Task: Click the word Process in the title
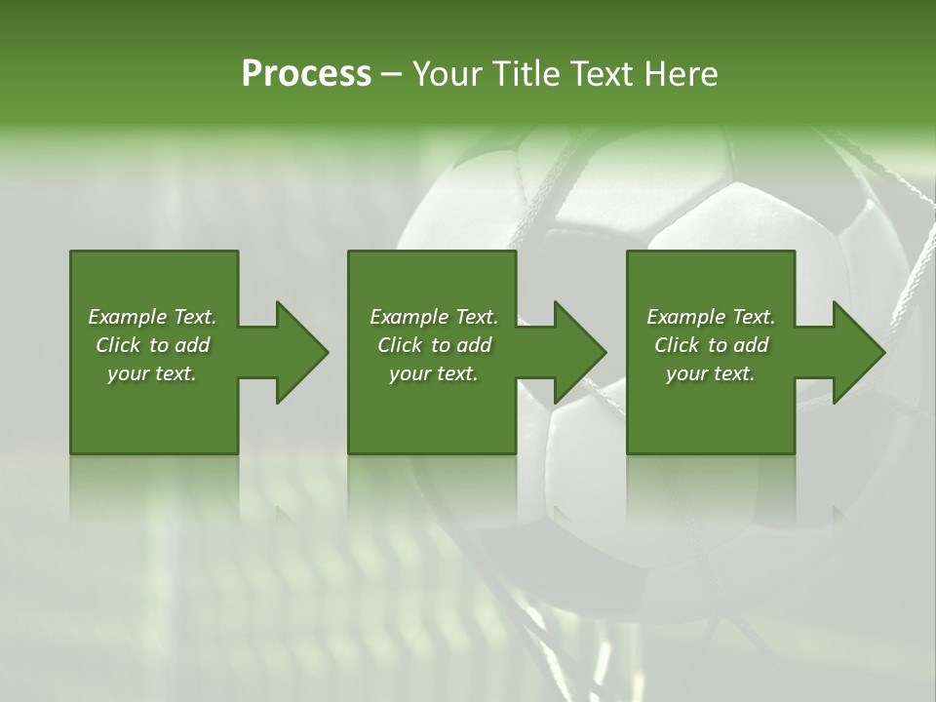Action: pos(306,73)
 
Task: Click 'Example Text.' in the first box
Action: pos(152,317)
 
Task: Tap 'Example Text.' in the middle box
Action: pos(434,317)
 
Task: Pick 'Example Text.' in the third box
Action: pos(711,317)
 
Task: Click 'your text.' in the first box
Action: pos(152,373)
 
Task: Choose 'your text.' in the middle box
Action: pos(434,373)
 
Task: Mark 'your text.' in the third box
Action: pos(711,373)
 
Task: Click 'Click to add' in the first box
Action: pos(152,345)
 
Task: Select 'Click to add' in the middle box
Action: pos(434,345)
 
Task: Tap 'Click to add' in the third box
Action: pos(711,345)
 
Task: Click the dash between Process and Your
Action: pos(391,74)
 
